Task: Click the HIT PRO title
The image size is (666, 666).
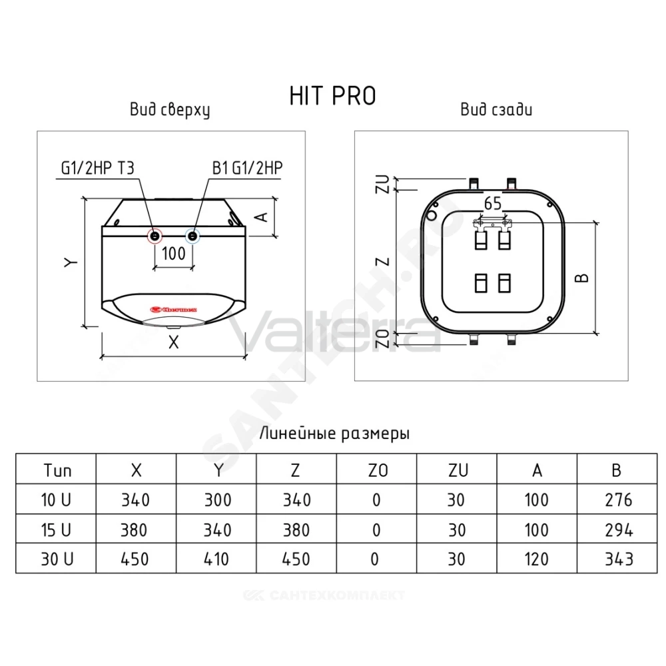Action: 332,95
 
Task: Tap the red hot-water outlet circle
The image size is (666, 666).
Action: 155,236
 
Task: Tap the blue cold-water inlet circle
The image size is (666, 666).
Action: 193,236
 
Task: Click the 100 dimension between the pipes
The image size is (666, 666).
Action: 174,254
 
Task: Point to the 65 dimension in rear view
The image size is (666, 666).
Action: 493,203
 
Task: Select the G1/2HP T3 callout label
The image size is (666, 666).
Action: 98,168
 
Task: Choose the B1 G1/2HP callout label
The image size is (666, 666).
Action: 247,168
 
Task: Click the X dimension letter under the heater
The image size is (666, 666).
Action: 173,342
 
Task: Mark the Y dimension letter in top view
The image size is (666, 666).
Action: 71,262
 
